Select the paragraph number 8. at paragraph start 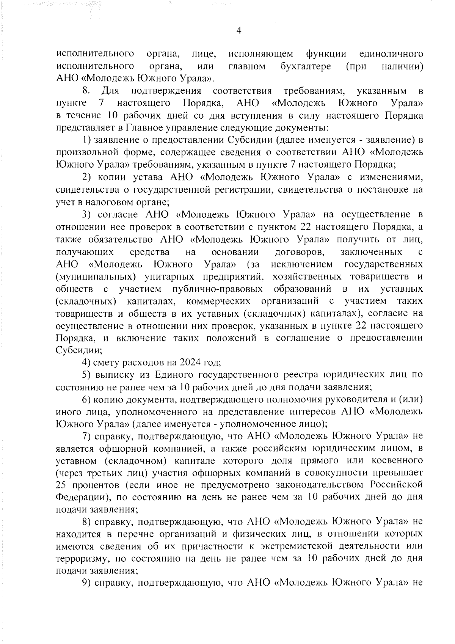click(x=86, y=91)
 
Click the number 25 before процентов click(x=61, y=485)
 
